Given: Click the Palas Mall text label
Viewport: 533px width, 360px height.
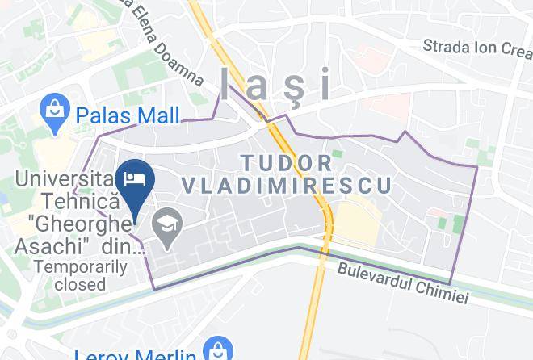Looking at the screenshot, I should [128, 115].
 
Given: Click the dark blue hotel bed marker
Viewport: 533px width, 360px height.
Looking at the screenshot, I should [134, 178].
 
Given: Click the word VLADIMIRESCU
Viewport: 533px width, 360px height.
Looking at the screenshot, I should [287, 186].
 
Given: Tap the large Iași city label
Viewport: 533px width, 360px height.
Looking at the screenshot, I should [275, 83].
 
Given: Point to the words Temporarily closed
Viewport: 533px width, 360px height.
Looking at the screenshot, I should [69, 274].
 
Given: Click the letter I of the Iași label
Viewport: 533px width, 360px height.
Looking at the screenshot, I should [225, 83].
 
